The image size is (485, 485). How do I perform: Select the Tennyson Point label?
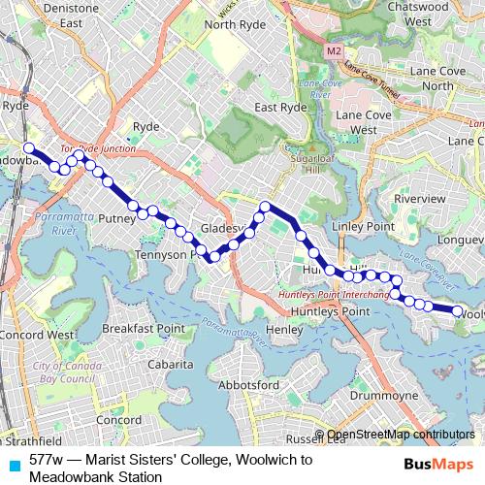[166, 254]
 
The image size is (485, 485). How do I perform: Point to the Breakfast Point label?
[144, 329]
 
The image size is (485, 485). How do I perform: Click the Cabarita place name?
[171, 365]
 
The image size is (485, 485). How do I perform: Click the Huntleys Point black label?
[330, 311]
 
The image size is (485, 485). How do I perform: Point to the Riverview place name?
[418, 198]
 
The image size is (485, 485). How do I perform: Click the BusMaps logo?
[438, 465]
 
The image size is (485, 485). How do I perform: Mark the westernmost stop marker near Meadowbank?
[29, 148]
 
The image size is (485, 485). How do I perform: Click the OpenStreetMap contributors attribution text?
[401, 435]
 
